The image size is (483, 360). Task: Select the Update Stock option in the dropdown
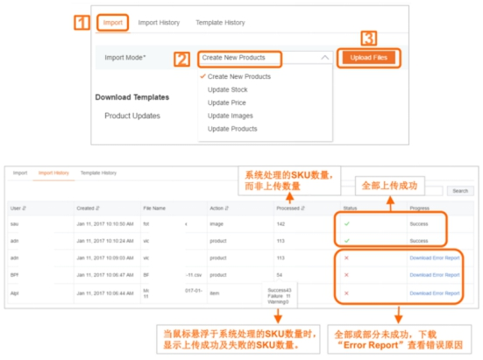(227, 89)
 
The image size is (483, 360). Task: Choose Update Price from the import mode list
(226, 102)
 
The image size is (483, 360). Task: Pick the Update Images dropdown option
(230, 116)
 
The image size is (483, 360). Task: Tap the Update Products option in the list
(232, 129)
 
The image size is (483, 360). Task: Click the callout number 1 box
(81, 22)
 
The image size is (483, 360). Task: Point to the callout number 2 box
(181, 59)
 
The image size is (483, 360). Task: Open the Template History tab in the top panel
(220, 22)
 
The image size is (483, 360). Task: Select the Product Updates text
(131, 116)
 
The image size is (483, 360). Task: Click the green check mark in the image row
(348, 224)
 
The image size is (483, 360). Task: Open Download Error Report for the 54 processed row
(434, 274)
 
